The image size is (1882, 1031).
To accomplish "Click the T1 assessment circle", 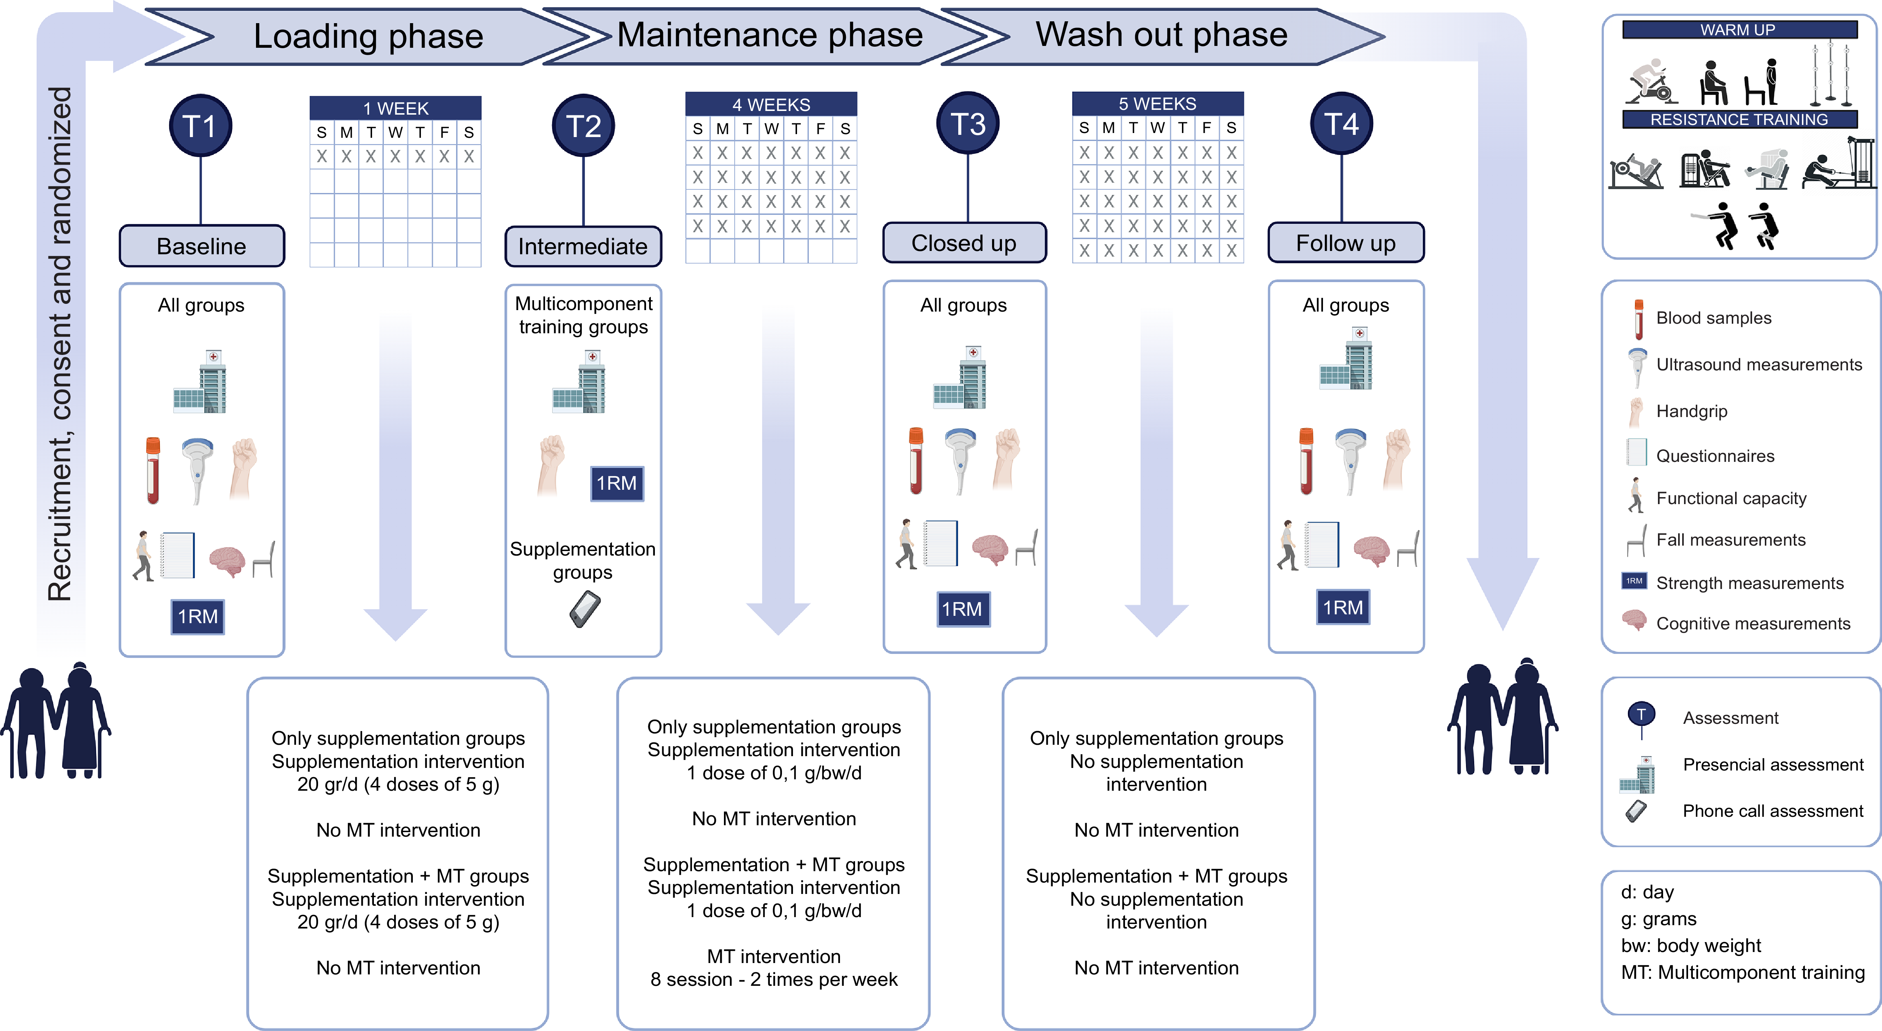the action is point(201,126).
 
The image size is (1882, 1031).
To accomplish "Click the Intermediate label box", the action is point(583,246).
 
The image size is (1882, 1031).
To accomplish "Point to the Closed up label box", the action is point(965,243).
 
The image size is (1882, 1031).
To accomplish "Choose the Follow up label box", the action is point(1346,243).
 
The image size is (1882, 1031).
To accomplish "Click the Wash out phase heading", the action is point(1162,34).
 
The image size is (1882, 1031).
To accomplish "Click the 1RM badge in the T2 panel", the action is point(617,483).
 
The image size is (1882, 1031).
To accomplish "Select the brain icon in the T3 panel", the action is point(990,549).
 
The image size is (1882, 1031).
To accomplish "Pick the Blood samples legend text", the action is point(1713,318).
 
